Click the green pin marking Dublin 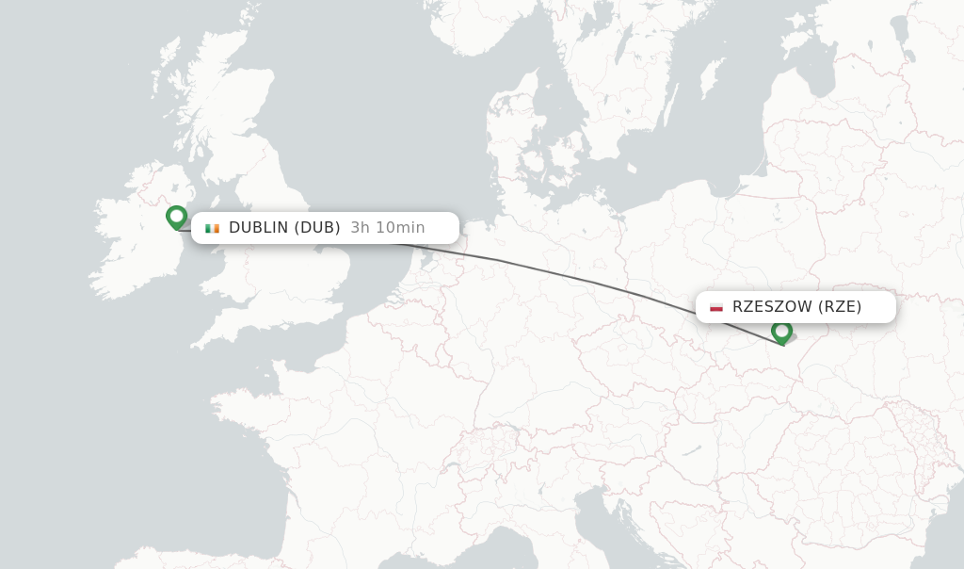tap(176, 217)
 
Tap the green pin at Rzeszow tap(781, 332)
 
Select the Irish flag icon tap(212, 228)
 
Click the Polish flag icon tap(716, 307)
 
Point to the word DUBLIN tap(258, 228)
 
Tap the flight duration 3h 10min tap(388, 228)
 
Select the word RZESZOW tap(772, 307)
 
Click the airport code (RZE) tap(840, 307)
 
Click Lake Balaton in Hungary tap(695, 451)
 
